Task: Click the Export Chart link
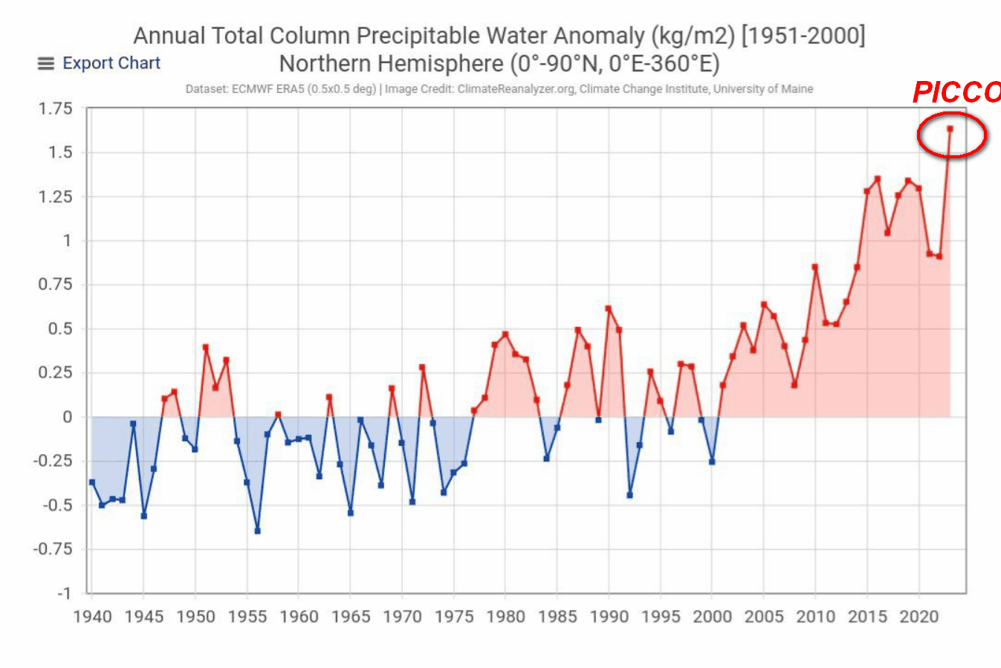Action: click(111, 63)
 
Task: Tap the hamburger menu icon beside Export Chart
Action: click(46, 64)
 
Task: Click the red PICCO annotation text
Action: click(956, 92)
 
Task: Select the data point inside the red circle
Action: click(950, 129)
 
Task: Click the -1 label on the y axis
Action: click(64, 594)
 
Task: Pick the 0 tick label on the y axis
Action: click(68, 417)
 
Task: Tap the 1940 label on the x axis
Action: click(92, 617)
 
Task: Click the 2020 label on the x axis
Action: click(919, 617)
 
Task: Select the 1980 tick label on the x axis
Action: click(505, 617)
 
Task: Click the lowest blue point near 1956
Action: click(257, 531)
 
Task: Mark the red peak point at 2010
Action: click(815, 267)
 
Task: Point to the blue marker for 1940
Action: click(92, 482)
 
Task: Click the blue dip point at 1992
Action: click(629, 495)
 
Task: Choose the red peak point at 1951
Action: click(205, 347)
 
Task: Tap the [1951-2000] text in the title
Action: click(803, 36)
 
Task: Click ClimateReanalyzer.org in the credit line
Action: click(516, 89)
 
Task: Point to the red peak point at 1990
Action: click(608, 308)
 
